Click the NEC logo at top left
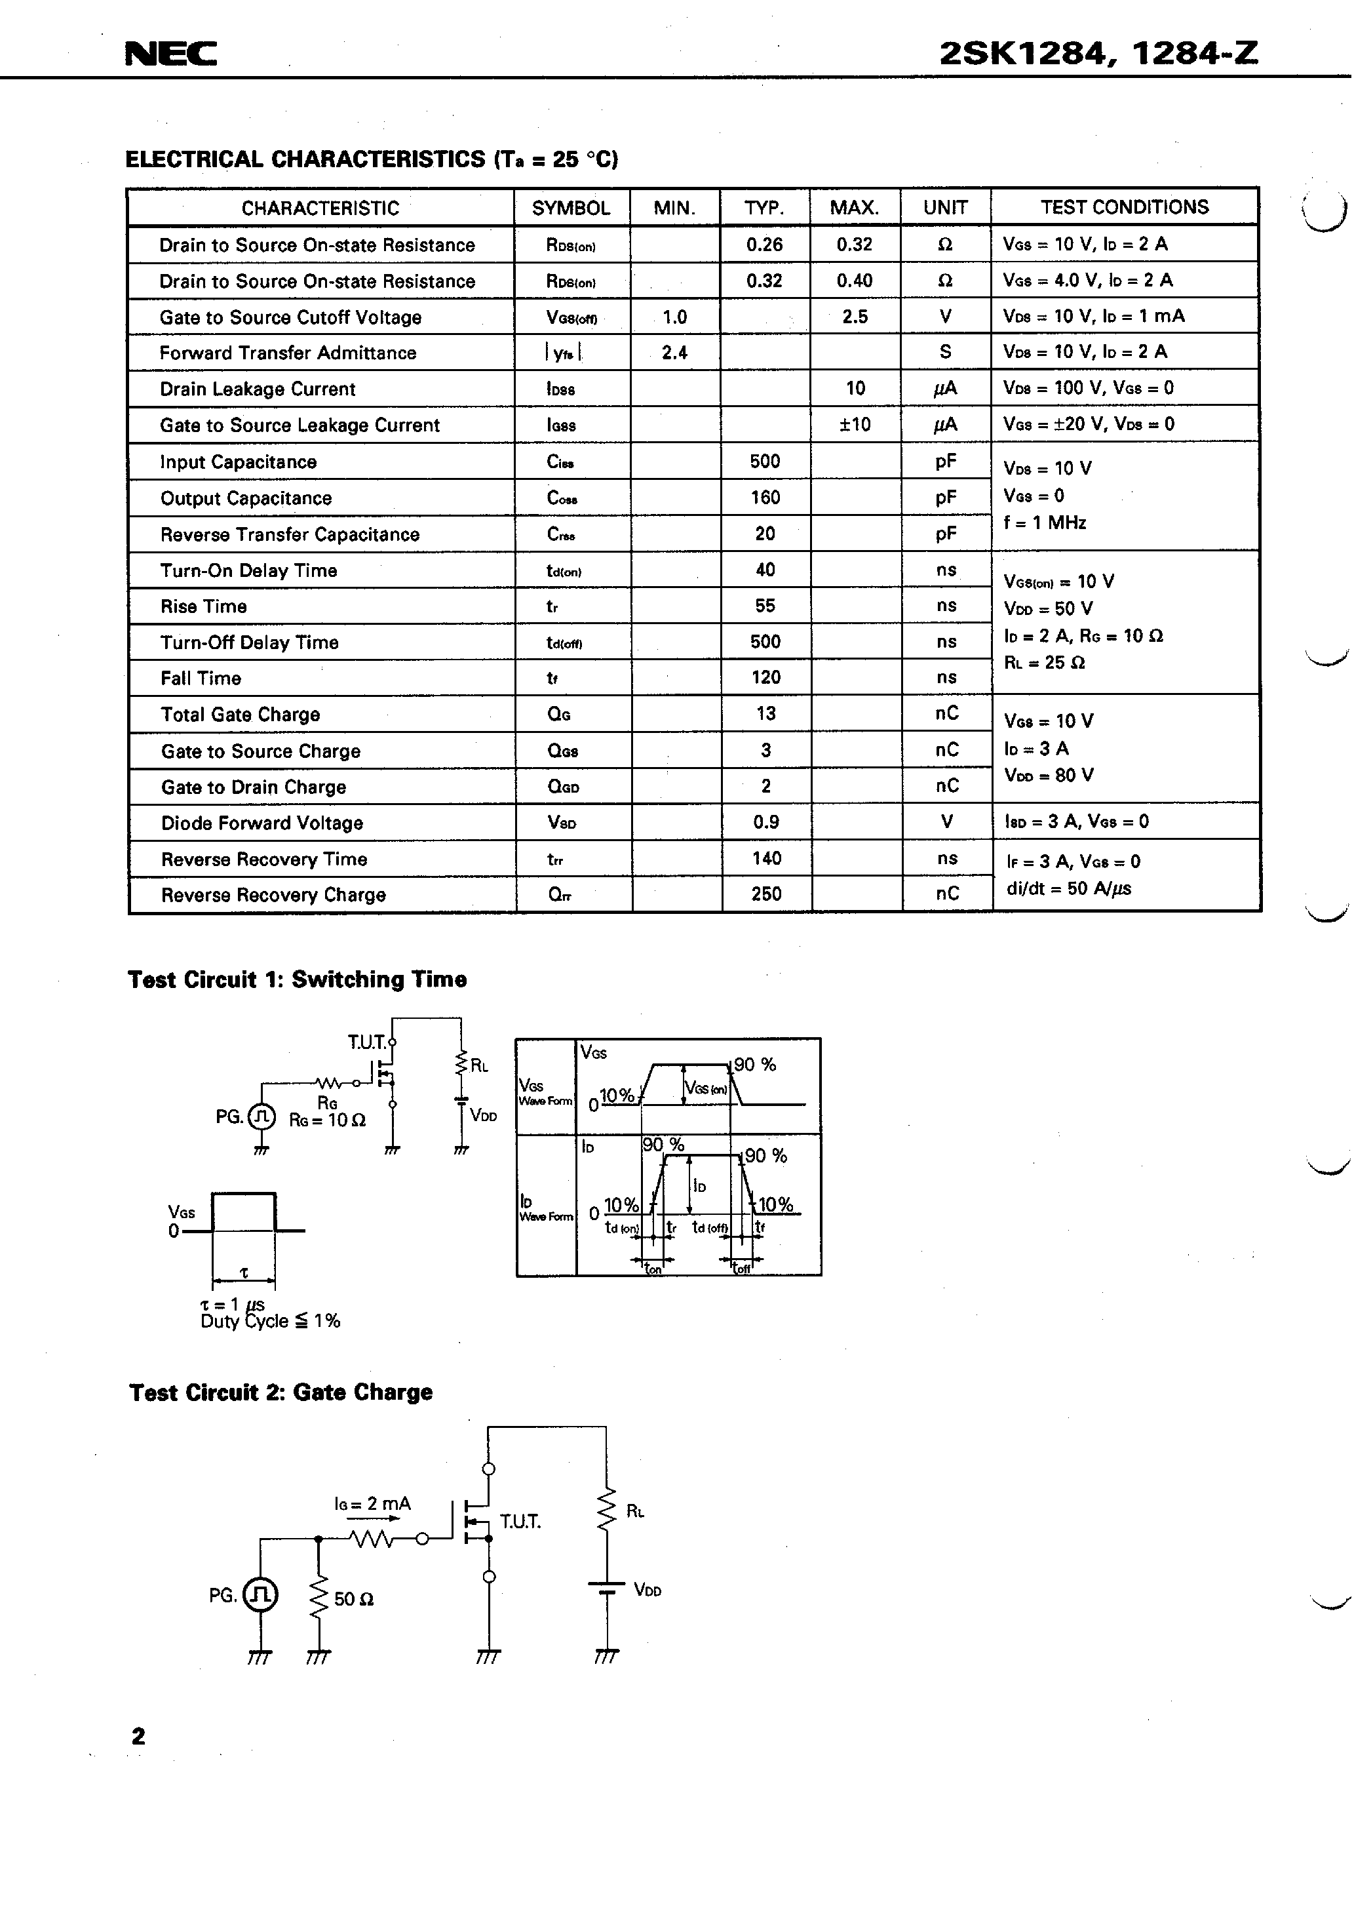click(170, 54)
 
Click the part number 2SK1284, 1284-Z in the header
click(1098, 54)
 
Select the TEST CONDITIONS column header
click(1123, 207)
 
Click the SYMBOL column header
click(571, 208)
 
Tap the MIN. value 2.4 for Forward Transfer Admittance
click(674, 352)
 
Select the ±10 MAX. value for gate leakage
click(855, 424)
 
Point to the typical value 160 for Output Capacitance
click(765, 498)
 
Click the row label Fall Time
click(201, 678)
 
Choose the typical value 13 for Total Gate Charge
click(765, 714)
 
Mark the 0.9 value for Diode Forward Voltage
click(765, 822)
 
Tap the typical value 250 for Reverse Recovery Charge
click(765, 894)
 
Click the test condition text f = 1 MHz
click(1044, 523)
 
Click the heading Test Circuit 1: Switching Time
click(296, 979)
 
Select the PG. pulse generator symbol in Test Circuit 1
click(261, 1117)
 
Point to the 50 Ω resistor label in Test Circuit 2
click(354, 1599)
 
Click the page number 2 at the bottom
click(138, 1737)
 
